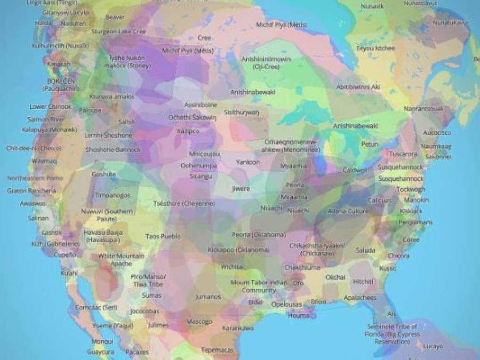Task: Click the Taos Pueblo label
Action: pyautogui.click(x=163, y=236)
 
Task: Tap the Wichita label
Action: pyautogui.click(x=232, y=266)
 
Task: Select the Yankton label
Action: pyautogui.click(x=247, y=162)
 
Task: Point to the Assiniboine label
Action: pyautogui.click(x=201, y=105)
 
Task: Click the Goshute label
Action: pyautogui.click(x=103, y=174)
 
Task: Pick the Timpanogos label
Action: pyautogui.click(x=113, y=195)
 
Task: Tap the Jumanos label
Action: pyautogui.click(x=207, y=297)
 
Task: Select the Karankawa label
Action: pyautogui.click(x=238, y=328)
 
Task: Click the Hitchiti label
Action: pyautogui.click(x=363, y=281)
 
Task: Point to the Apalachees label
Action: pyautogui.click(x=360, y=298)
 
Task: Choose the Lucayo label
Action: pyautogui.click(x=433, y=346)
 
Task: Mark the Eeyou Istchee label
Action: pyautogui.click(x=375, y=48)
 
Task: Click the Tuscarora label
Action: pyautogui.click(x=403, y=154)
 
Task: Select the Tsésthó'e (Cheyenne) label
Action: pyautogui.click(x=184, y=204)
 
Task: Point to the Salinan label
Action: pyautogui.click(x=38, y=218)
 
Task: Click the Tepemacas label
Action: pyautogui.click(x=217, y=350)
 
